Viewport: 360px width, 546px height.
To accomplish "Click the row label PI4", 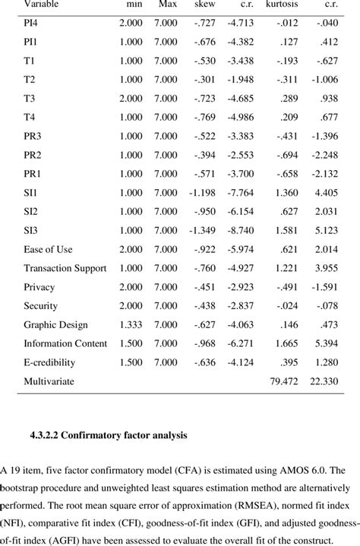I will click(33, 24).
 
